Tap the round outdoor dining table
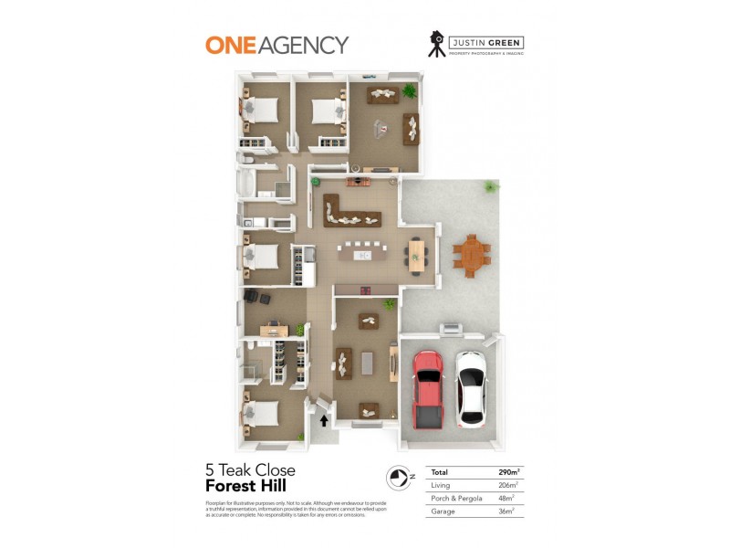471,254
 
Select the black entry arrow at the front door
324,420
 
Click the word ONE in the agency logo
229,44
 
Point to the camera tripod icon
437,44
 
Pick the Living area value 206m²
508,485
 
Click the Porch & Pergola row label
454,499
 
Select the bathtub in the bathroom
245,184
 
